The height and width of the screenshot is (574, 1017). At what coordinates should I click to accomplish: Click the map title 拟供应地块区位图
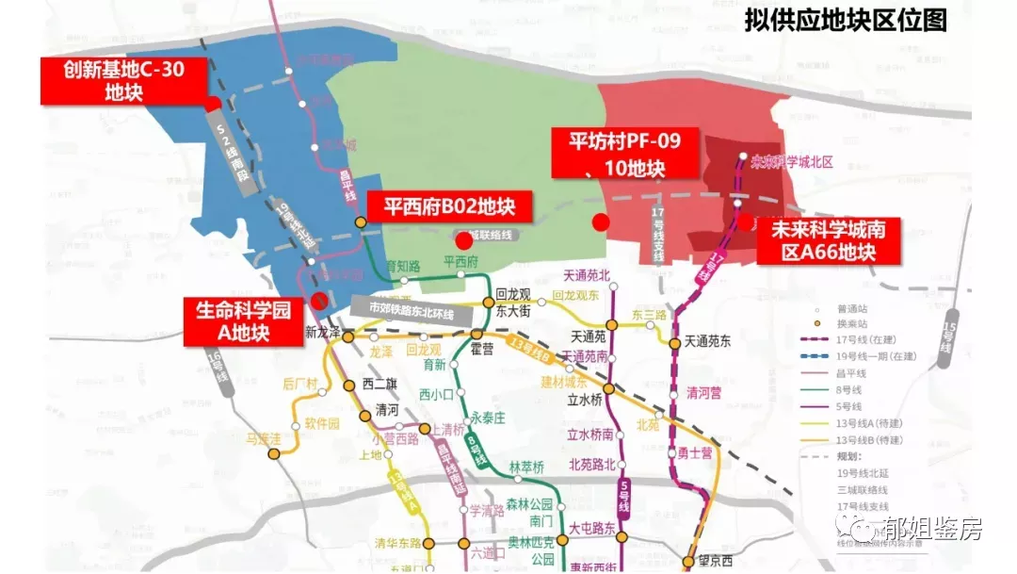(845, 20)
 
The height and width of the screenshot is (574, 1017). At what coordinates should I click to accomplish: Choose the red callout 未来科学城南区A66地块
(828, 241)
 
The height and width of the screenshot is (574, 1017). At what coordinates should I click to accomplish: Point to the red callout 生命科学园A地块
(243, 320)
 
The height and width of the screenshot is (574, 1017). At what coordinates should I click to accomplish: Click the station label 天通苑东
(707, 342)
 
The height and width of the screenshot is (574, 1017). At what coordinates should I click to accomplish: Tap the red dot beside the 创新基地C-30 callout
(214, 104)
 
